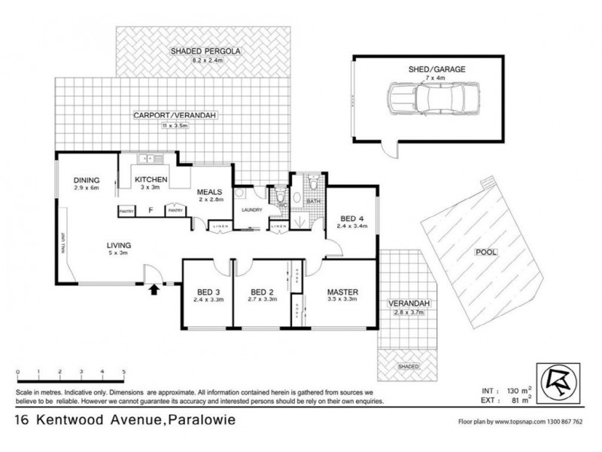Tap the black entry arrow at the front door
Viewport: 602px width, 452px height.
pyautogui.click(x=155, y=288)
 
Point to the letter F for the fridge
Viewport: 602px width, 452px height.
pyautogui.click(x=150, y=212)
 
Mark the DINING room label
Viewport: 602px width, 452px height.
pyautogui.click(x=87, y=180)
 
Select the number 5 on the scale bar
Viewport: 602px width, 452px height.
pyautogui.click(x=123, y=372)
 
